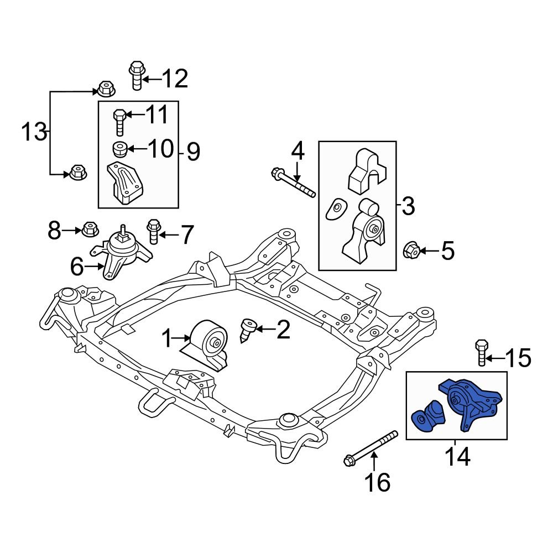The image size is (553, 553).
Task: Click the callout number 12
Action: tap(172, 79)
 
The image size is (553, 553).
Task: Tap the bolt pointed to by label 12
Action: tap(136, 76)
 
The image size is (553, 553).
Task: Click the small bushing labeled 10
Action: tap(120, 149)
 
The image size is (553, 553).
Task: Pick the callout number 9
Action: tap(193, 151)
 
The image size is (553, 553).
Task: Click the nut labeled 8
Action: tap(88, 228)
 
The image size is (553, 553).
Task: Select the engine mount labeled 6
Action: tap(122, 253)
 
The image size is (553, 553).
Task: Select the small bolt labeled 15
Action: tap(481, 353)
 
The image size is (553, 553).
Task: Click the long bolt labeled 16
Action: tap(370, 448)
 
